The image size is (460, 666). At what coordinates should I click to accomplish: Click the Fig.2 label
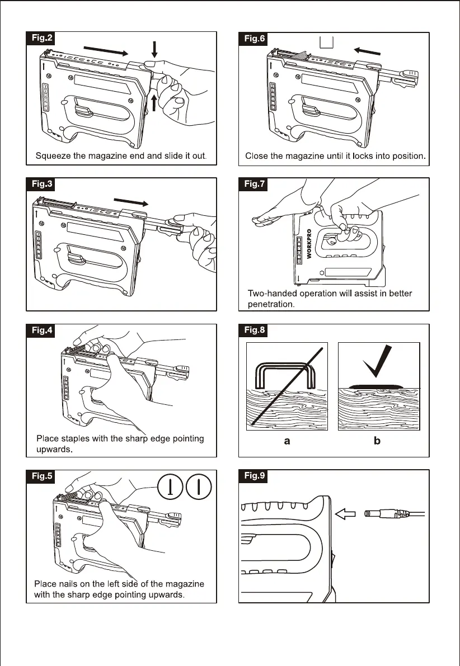41,38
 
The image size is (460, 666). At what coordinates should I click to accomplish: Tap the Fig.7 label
255,184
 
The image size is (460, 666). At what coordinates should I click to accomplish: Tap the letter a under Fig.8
287,441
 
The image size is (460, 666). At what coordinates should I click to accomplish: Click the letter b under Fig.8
377,441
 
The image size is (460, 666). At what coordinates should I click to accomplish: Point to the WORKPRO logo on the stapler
309,247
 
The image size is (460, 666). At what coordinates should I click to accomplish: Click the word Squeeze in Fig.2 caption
53,156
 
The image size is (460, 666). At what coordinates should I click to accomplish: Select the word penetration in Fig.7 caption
272,304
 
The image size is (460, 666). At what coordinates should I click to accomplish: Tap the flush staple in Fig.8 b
379,386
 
